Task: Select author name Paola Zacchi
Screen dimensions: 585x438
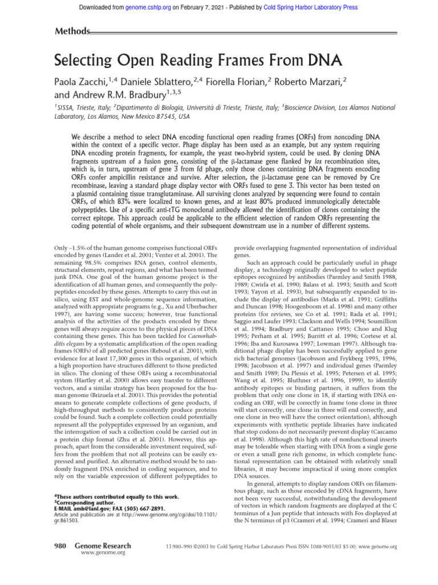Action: pos(87,84)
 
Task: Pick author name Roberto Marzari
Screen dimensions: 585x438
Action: pos(312,84)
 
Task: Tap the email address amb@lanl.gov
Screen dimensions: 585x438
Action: pos(88,508)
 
